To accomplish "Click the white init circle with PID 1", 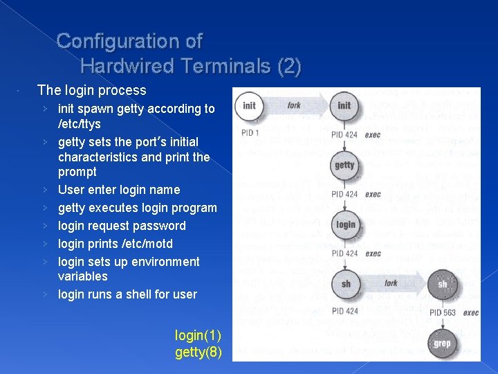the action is (250, 106).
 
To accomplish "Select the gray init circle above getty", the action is (344, 106).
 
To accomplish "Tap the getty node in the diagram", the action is (344, 166).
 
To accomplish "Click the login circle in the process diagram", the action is (345, 224).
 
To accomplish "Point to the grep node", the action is (442, 343).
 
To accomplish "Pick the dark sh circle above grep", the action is (442, 283).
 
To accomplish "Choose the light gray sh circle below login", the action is (345, 283).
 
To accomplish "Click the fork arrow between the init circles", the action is (296, 106).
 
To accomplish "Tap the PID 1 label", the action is (250, 132).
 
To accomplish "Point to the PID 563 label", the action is (442, 312).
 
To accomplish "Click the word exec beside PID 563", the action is (471, 312).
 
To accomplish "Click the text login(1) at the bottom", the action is (199, 336).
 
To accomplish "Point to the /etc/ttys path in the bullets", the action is (79, 124).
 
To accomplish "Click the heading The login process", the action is (92, 90).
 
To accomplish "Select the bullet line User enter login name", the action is (119, 190).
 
